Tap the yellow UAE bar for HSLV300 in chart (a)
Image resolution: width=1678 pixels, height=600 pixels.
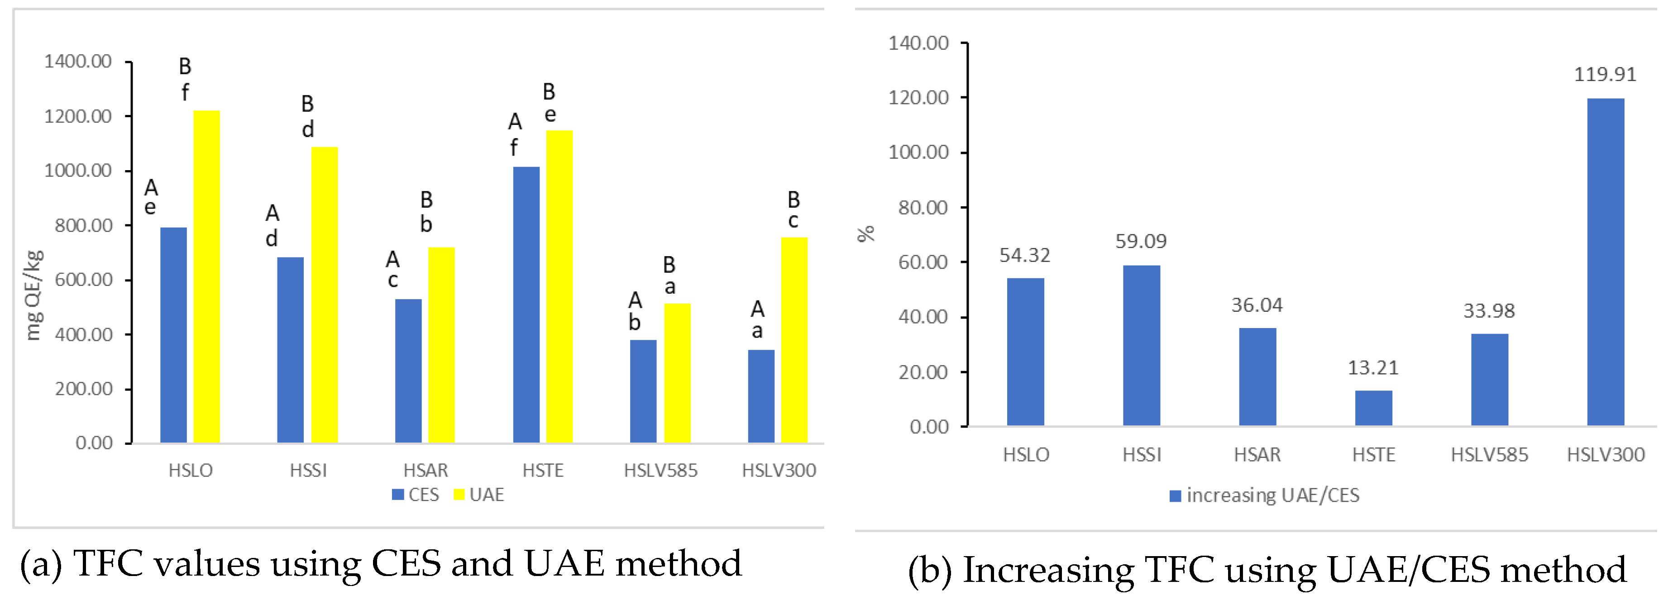pyautogui.click(x=794, y=340)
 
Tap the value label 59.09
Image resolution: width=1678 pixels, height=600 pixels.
pyautogui.click(x=1141, y=242)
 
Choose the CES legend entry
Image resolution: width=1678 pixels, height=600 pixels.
pyautogui.click(x=416, y=495)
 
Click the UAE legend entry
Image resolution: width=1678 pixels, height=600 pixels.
pyautogui.click(x=479, y=495)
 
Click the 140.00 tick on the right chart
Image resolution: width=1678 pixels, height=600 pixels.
pyautogui.click(x=918, y=43)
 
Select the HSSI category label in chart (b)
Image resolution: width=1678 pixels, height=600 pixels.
pyautogui.click(x=1141, y=455)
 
